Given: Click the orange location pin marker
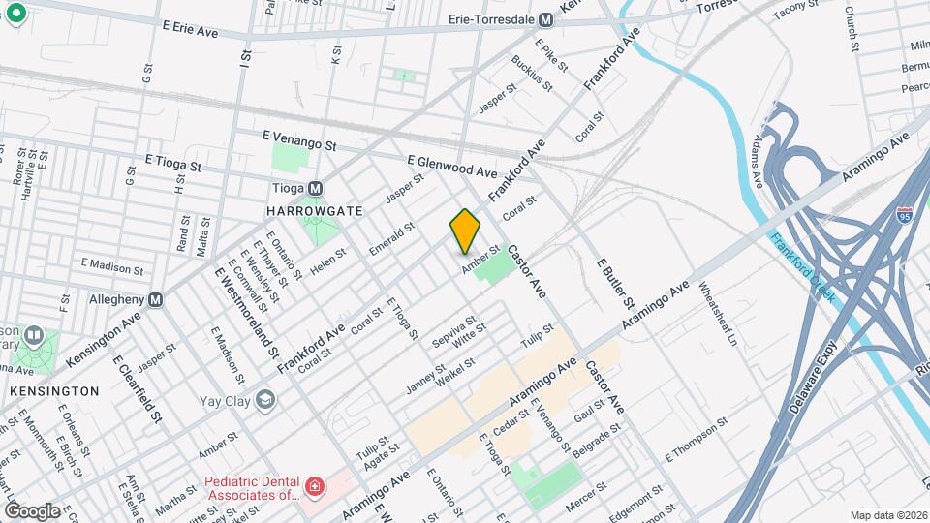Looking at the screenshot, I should [466, 231].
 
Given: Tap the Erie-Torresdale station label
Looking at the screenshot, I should [493, 19].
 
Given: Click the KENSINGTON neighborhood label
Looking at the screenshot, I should [54, 391].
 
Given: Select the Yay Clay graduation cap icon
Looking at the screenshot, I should [264, 399].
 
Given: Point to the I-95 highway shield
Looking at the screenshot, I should [904, 215].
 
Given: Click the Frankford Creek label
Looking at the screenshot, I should [802, 265].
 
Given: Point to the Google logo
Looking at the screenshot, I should [33, 510].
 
